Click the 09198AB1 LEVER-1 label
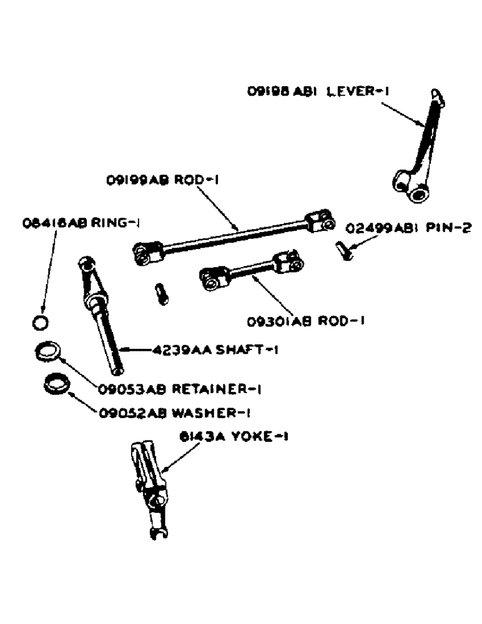[317, 91]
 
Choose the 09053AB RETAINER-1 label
[179, 389]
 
